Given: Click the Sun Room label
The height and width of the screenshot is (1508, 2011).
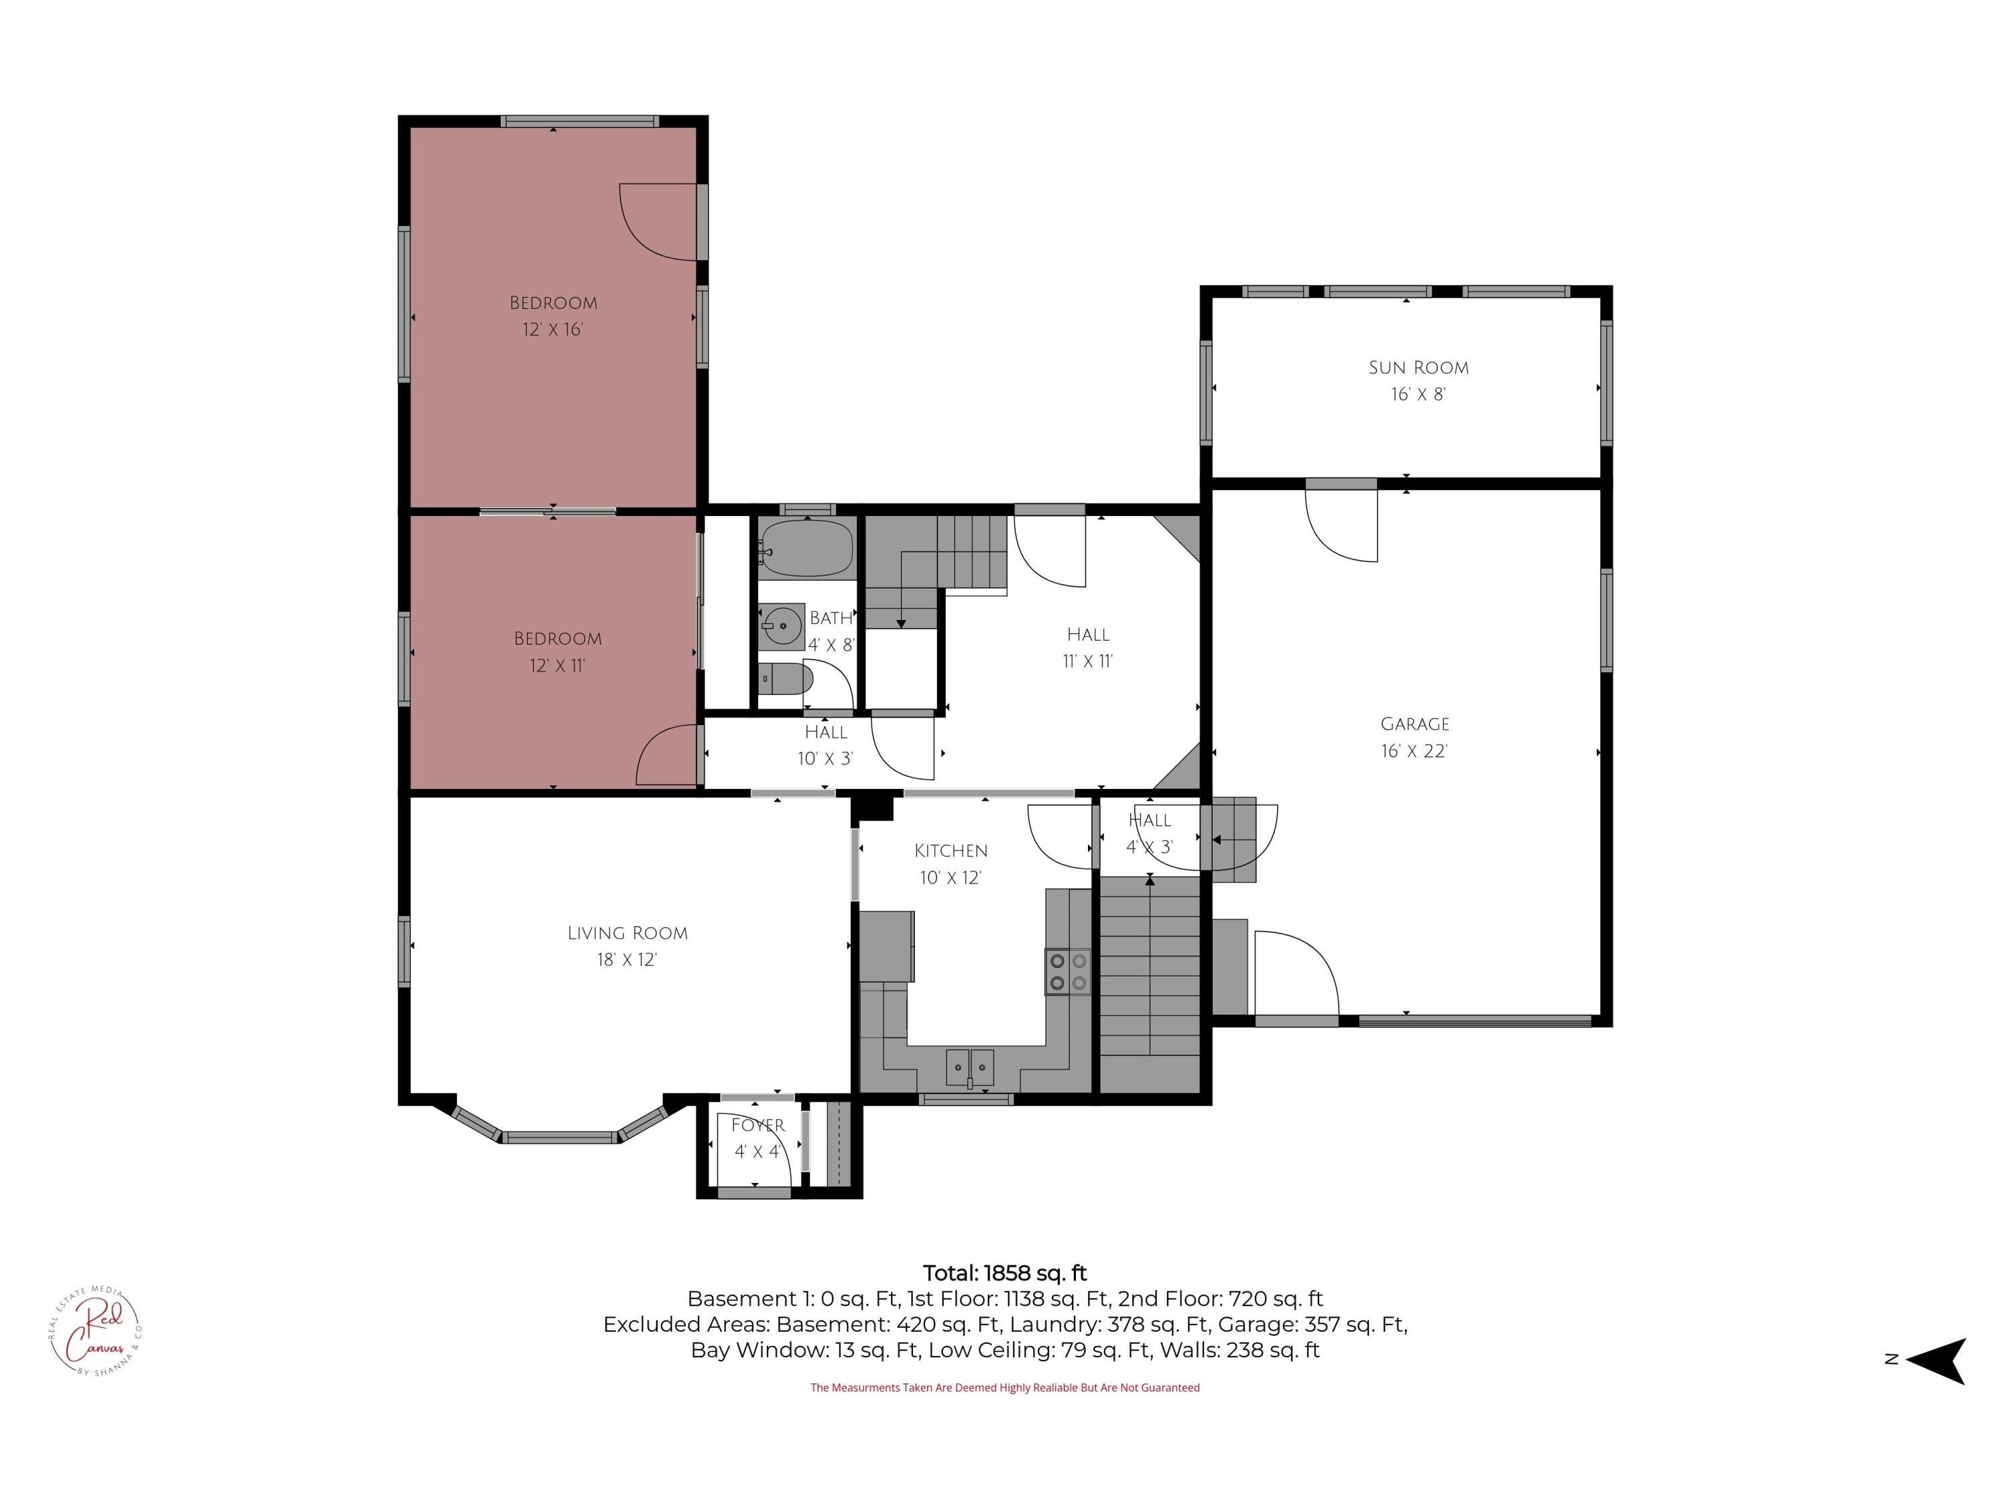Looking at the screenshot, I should click(1418, 368).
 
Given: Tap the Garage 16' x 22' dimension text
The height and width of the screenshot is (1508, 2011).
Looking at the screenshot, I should click(1414, 751).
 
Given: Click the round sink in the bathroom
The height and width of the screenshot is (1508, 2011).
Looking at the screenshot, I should click(782, 626).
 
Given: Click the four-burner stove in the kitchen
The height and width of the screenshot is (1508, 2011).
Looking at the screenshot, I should click(1067, 970).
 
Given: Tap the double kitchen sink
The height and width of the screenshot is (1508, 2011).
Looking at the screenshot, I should click(970, 1066).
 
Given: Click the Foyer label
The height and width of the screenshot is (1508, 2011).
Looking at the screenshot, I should click(757, 1125).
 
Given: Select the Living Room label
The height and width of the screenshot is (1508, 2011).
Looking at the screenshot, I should click(627, 933).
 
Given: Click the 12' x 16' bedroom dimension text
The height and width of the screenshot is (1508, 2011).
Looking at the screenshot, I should click(553, 329).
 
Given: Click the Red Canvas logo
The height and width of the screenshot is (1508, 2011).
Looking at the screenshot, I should click(95, 1332).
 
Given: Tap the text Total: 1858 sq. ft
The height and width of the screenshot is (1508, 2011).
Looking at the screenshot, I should click(1005, 1273).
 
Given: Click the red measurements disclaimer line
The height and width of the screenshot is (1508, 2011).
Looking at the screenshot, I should click(1005, 1388).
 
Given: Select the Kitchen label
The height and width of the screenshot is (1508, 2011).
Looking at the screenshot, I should click(951, 851).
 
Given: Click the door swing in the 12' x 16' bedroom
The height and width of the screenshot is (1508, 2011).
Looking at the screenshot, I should click(656, 223).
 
